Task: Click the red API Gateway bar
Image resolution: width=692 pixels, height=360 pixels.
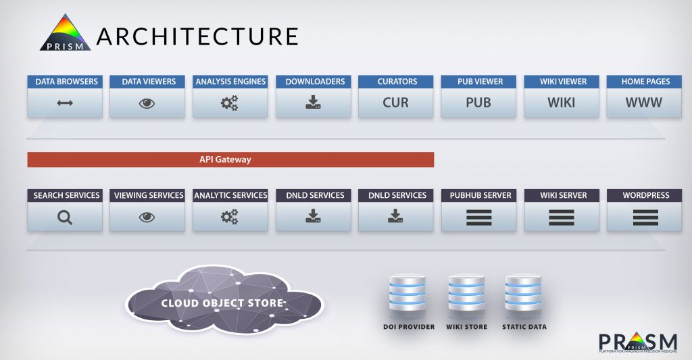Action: [230, 159]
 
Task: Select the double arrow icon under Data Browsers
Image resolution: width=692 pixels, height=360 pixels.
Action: [65, 103]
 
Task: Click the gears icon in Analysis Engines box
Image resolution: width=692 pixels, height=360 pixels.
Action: [230, 103]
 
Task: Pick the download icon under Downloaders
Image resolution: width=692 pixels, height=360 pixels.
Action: [314, 103]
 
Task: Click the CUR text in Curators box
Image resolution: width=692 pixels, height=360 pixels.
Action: [396, 103]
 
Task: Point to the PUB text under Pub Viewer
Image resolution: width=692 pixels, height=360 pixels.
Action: [478, 103]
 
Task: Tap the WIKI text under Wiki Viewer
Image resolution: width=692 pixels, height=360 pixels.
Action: [562, 103]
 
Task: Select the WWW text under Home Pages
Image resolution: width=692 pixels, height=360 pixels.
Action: [644, 103]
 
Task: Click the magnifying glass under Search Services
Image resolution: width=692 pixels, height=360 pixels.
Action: [65, 217]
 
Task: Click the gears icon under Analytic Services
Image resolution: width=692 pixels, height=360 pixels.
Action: [230, 217]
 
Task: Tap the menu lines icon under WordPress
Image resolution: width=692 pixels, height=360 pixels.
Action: [644, 217]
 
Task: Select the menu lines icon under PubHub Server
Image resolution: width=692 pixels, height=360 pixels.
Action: [478, 217]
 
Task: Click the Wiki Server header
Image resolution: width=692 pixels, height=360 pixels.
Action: [562, 195]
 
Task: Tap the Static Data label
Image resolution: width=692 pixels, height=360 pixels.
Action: [524, 327]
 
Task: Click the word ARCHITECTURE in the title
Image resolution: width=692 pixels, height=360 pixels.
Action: [197, 36]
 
